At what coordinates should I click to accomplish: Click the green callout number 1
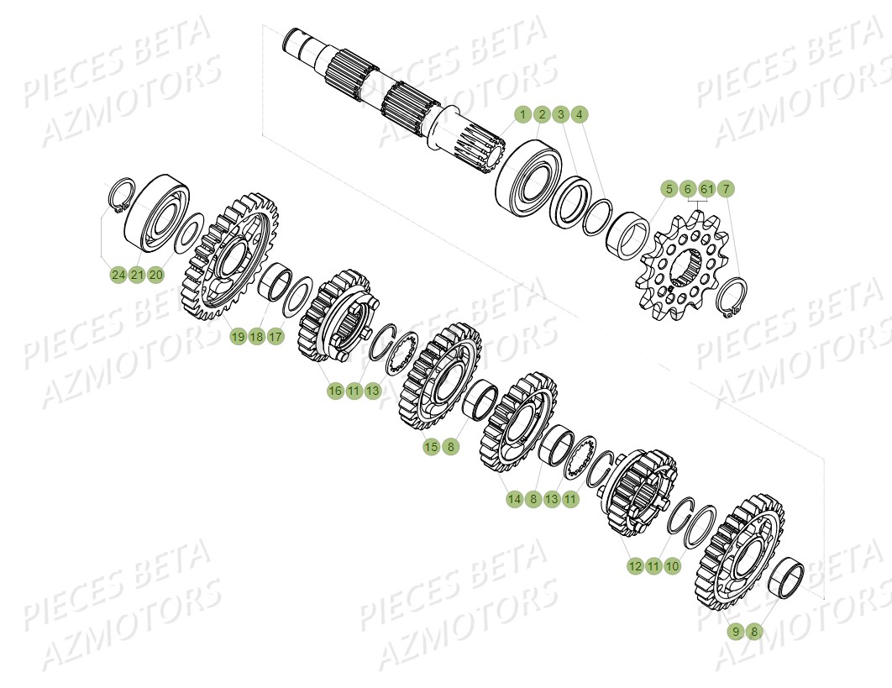click(522, 114)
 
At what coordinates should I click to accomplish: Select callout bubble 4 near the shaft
click(580, 114)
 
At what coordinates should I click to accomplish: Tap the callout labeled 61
click(706, 188)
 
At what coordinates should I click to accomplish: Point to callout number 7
click(726, 188)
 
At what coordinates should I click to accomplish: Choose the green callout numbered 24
click(117, 275)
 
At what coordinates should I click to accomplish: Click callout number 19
click(238, 337)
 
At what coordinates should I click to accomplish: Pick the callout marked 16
click(335, 391)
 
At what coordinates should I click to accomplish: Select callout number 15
click(431, 447)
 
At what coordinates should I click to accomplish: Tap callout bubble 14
click(514, 499)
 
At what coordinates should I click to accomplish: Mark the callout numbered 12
click(634, 567)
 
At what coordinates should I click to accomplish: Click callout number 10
click(672, 567)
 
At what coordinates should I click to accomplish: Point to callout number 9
click(735, 631)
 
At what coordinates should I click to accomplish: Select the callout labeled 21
click(136, 275)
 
